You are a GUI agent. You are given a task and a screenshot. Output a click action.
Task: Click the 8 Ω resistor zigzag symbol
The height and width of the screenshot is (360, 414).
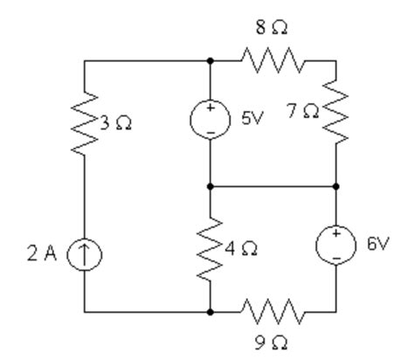point(273,61)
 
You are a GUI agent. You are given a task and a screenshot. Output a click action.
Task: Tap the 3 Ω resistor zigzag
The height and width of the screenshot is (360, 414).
point(85,123)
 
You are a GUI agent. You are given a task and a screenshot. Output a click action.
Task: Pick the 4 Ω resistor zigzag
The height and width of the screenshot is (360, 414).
point(210,247)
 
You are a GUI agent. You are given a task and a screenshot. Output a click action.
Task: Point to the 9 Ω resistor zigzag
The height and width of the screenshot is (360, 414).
point(273,310)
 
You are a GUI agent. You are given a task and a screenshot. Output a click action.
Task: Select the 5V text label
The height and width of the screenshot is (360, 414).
point(252,116)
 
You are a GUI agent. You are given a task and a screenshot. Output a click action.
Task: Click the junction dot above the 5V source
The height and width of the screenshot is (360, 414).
point(210,61)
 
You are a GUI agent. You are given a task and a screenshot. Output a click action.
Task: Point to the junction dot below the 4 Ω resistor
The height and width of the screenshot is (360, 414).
point(210,310)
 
